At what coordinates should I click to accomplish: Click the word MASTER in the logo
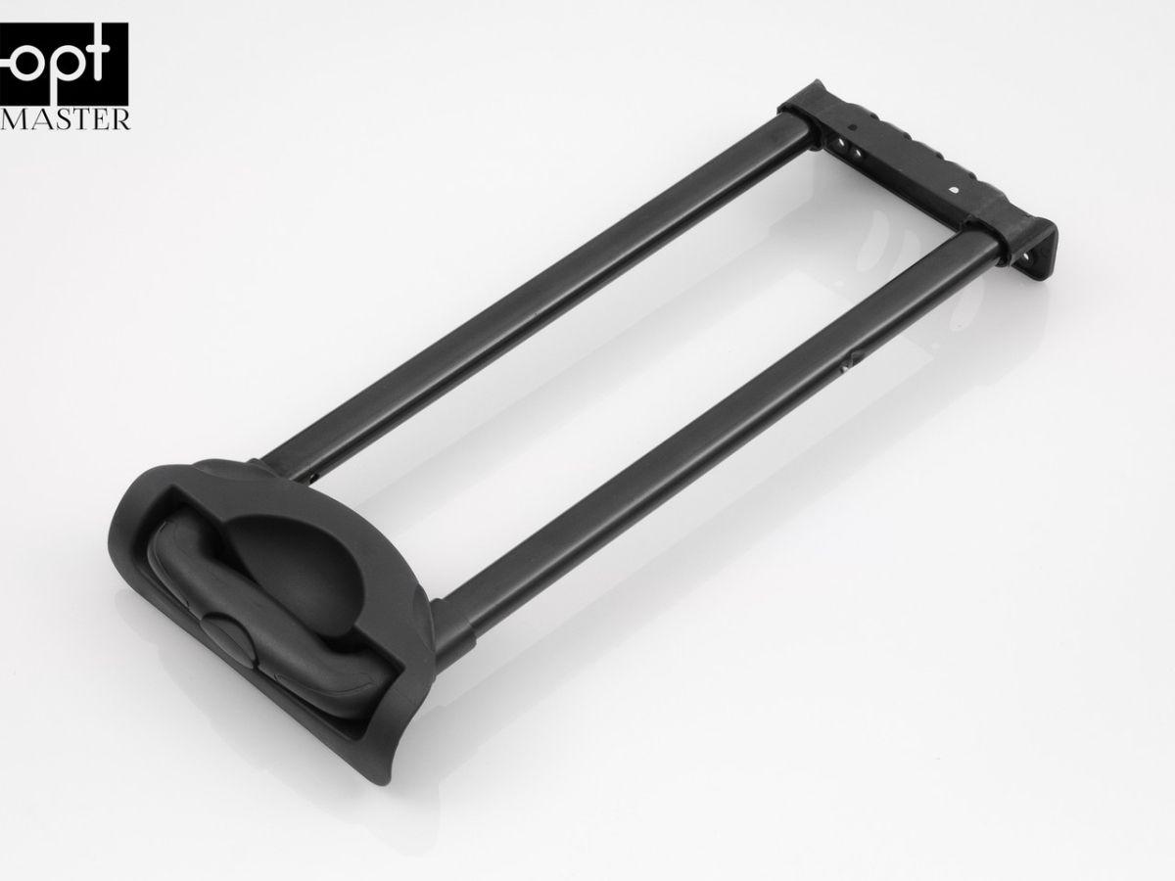(65, 118)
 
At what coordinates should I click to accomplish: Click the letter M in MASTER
(14, 119)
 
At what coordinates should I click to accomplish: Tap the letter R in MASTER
(119, 119)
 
